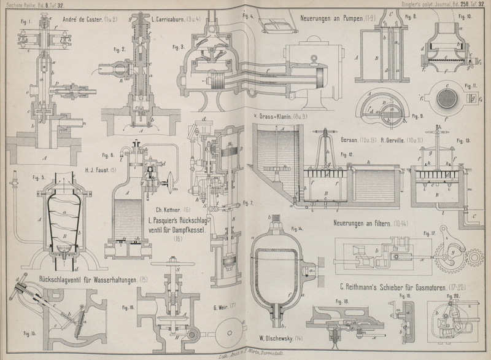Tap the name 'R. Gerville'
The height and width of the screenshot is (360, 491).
393,140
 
